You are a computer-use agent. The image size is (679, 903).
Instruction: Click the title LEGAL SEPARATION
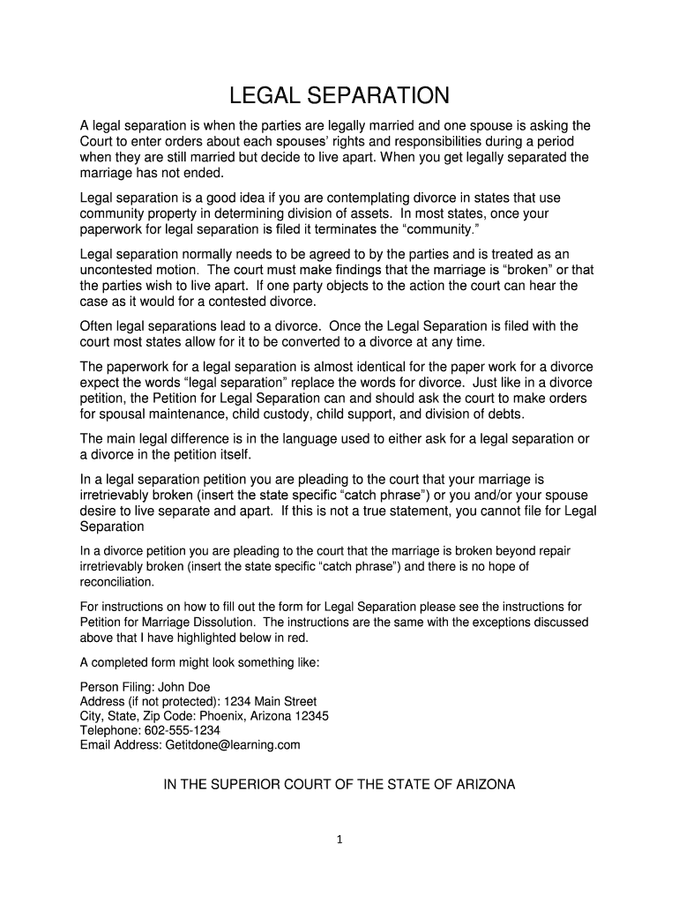(x=339, y=94)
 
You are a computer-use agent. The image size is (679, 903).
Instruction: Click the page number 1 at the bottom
(x=339, y=839)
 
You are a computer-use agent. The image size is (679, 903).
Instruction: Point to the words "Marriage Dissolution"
(x=184, y=622)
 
